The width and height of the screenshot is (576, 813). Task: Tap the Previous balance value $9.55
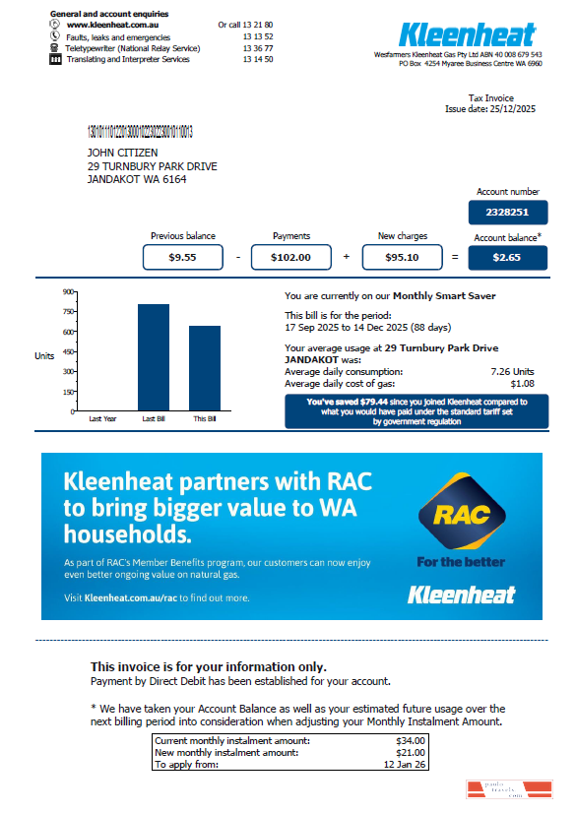tap(182, 257)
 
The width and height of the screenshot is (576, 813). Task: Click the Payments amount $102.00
tap(291, 257)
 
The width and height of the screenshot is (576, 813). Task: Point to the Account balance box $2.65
tap(507, 257)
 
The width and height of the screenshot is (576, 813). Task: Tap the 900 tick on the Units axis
tap(69, 291)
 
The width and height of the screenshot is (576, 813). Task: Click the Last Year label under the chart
tap(102, 418)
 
